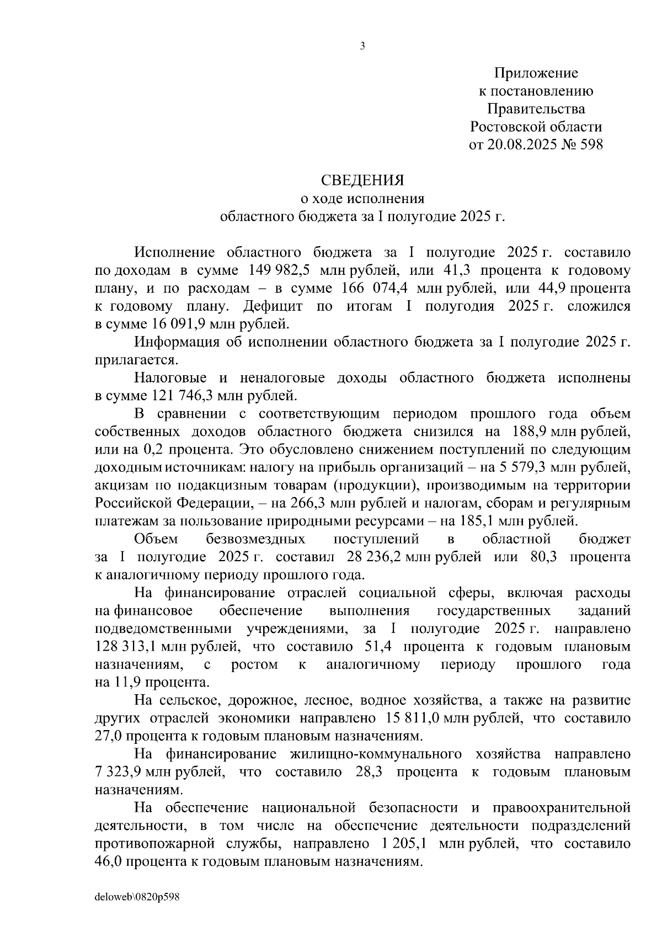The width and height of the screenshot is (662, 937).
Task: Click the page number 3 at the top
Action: pos(362,47)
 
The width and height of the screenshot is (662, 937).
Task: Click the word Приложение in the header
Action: pos(536,73)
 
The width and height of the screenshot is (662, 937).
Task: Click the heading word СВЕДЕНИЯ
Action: pos(362,180)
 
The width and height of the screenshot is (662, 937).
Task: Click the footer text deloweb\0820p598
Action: pos(137,897)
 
